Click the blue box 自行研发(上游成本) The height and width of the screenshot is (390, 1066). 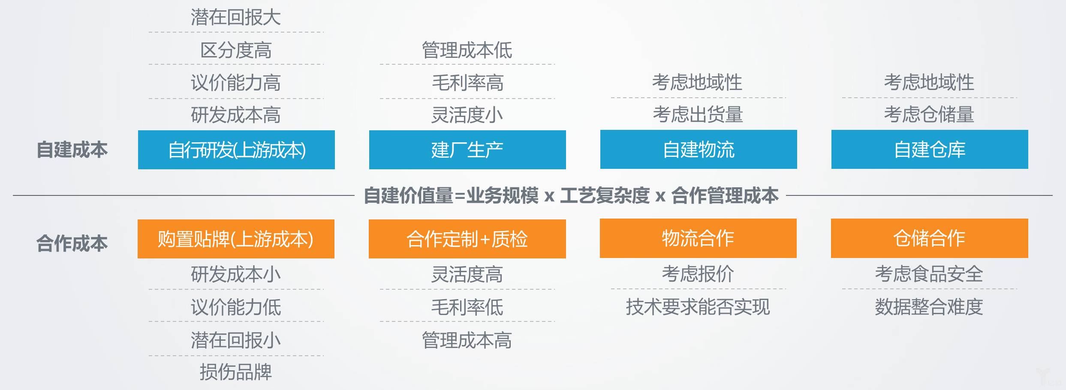pos(236,150)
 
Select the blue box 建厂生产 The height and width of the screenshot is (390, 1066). pos(467,150)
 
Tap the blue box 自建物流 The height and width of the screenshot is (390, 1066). pos(699,149)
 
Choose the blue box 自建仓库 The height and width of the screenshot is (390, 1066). pos(930,149)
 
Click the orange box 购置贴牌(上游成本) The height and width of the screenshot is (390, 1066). pos(236,239)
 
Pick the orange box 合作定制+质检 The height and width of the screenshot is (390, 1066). pos(467,239)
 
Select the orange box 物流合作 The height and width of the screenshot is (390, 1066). pos(698,238)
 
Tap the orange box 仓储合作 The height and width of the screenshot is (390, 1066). pos(930,238)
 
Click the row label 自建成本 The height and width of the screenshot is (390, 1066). pos(72,150)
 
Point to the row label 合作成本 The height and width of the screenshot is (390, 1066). pos(72,243)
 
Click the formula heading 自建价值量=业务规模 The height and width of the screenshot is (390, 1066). pos(451,195)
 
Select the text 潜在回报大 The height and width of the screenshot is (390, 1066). pos(236,18)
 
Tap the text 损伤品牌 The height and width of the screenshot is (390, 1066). pos(236,372)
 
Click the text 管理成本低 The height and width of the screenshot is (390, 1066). pos(467,50)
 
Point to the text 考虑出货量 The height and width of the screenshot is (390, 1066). pos(698,114)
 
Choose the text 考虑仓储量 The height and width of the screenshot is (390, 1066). pos(929,114)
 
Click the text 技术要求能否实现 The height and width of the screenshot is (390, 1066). pos(698,307)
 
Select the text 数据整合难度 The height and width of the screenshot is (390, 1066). pos(929,307)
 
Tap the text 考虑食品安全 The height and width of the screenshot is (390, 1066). pos(929,274)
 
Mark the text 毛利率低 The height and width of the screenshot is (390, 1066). pos(467,307)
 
